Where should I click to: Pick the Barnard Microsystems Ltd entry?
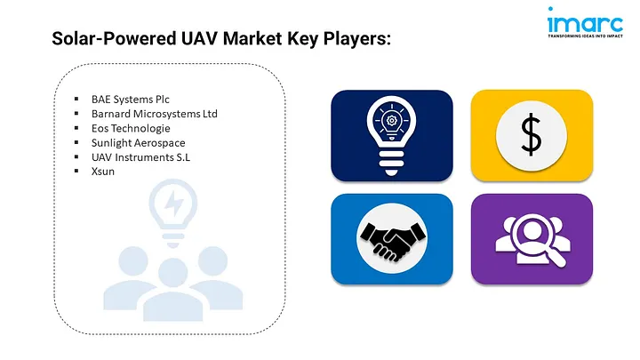(154, 114)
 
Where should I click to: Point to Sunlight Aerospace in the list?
(138, 142)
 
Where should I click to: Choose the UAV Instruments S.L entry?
(140, 156)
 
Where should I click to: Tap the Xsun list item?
(102, 171)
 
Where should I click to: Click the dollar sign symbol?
(531, 134)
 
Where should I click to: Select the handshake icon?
(392, 238)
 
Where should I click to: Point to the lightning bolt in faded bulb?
(174, 206)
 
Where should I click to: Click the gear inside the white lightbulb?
(392, 121)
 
